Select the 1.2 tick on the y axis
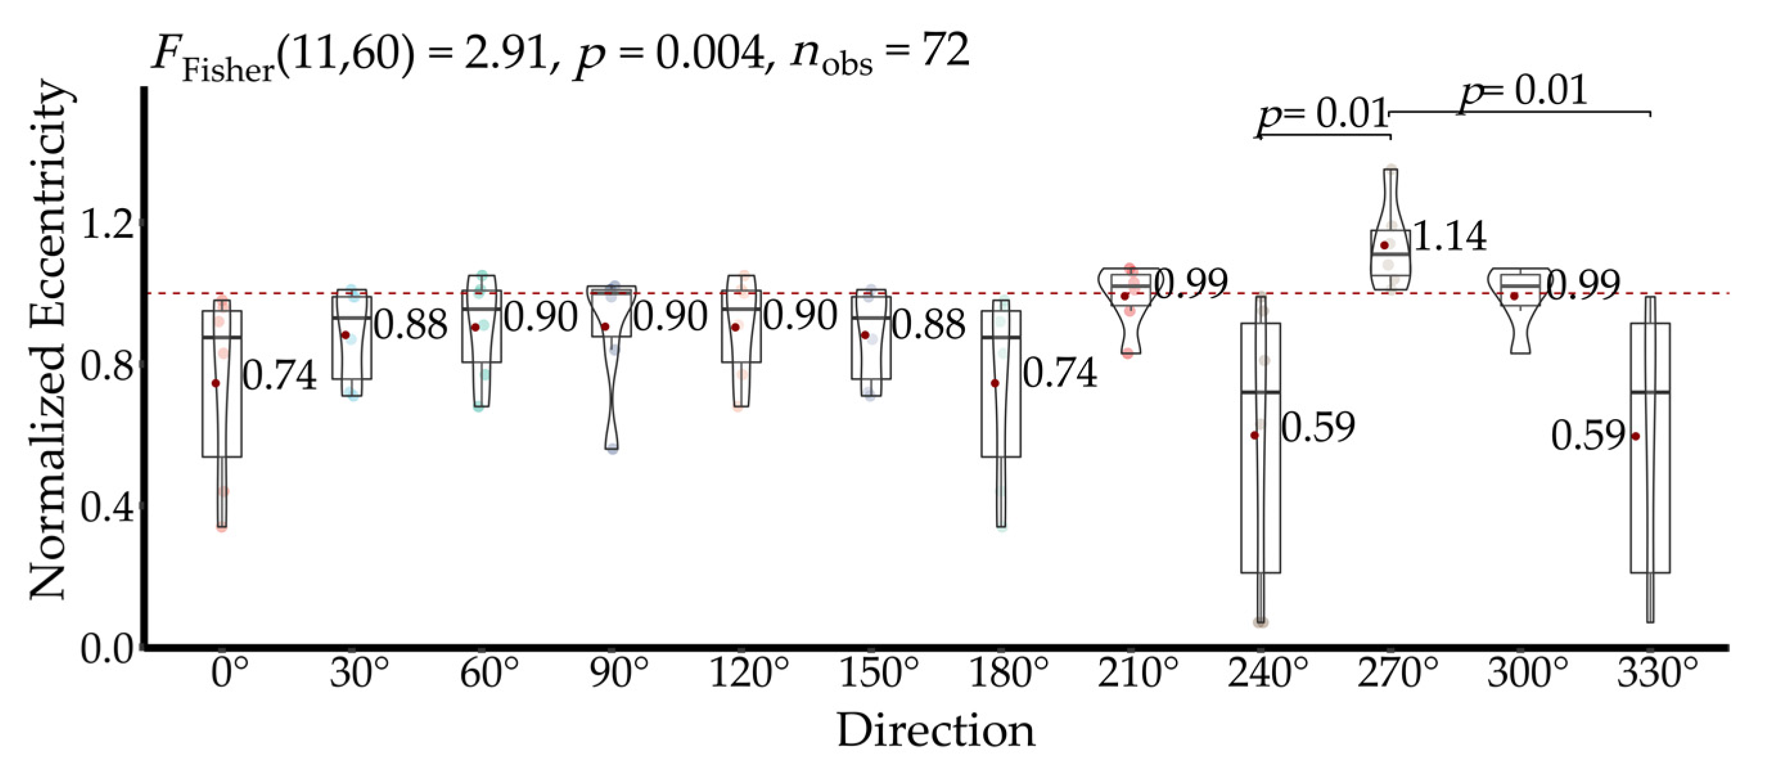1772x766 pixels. click(107, 224)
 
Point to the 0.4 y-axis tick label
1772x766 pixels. click(107, 508)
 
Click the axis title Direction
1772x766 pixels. click(935, 731)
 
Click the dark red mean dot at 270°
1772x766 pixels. click(1385, 245)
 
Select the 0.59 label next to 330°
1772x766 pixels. click(1588, 436)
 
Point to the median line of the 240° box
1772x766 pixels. click(1260, 392)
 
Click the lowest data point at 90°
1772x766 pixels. click(612, 449)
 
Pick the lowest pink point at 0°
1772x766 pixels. click(222, 527)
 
